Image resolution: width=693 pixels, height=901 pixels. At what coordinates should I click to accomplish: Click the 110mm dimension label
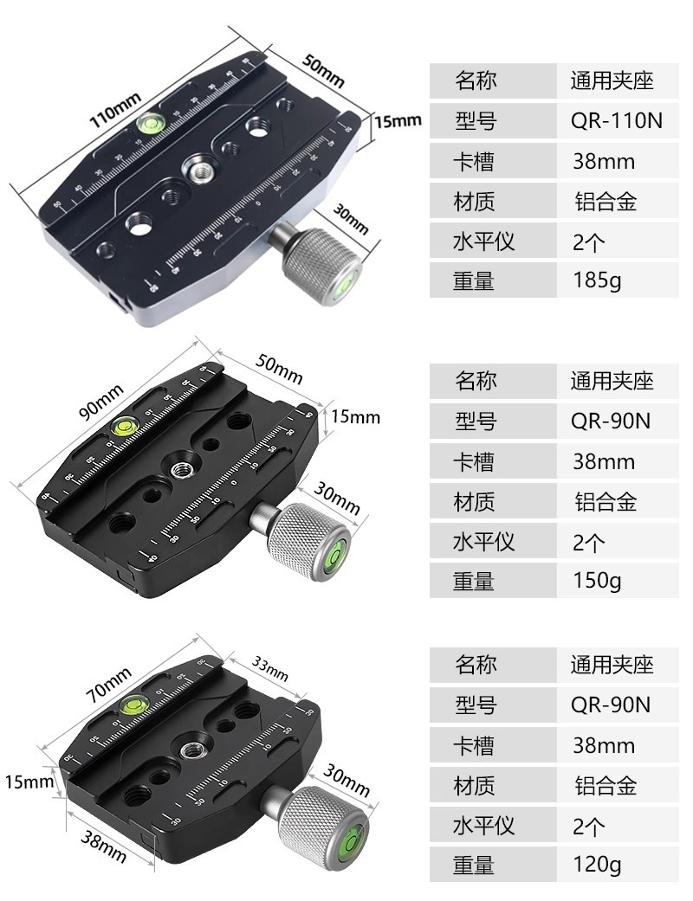114,110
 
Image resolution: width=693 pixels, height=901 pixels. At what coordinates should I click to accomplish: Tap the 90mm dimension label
100,402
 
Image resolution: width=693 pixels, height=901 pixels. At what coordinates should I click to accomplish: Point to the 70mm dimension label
108,685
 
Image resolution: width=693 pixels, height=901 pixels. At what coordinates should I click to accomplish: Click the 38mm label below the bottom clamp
103,847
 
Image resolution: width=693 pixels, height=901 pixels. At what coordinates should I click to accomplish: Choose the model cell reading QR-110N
617,120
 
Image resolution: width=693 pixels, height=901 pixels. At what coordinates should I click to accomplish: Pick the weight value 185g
597,280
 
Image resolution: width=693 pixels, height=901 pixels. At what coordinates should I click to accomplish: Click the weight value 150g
597,581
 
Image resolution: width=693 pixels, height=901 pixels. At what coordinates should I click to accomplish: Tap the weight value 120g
597,865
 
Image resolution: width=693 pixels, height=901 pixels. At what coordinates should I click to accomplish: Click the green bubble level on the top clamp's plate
151,121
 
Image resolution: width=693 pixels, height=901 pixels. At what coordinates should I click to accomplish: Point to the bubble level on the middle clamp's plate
124,425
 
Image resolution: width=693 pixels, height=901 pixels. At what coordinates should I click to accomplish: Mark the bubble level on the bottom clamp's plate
134,703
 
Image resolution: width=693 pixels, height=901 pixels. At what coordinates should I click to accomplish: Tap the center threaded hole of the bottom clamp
190,750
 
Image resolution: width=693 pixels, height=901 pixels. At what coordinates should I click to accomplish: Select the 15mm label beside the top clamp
398,121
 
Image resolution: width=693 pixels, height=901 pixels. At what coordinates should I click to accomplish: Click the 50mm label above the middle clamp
279,369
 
